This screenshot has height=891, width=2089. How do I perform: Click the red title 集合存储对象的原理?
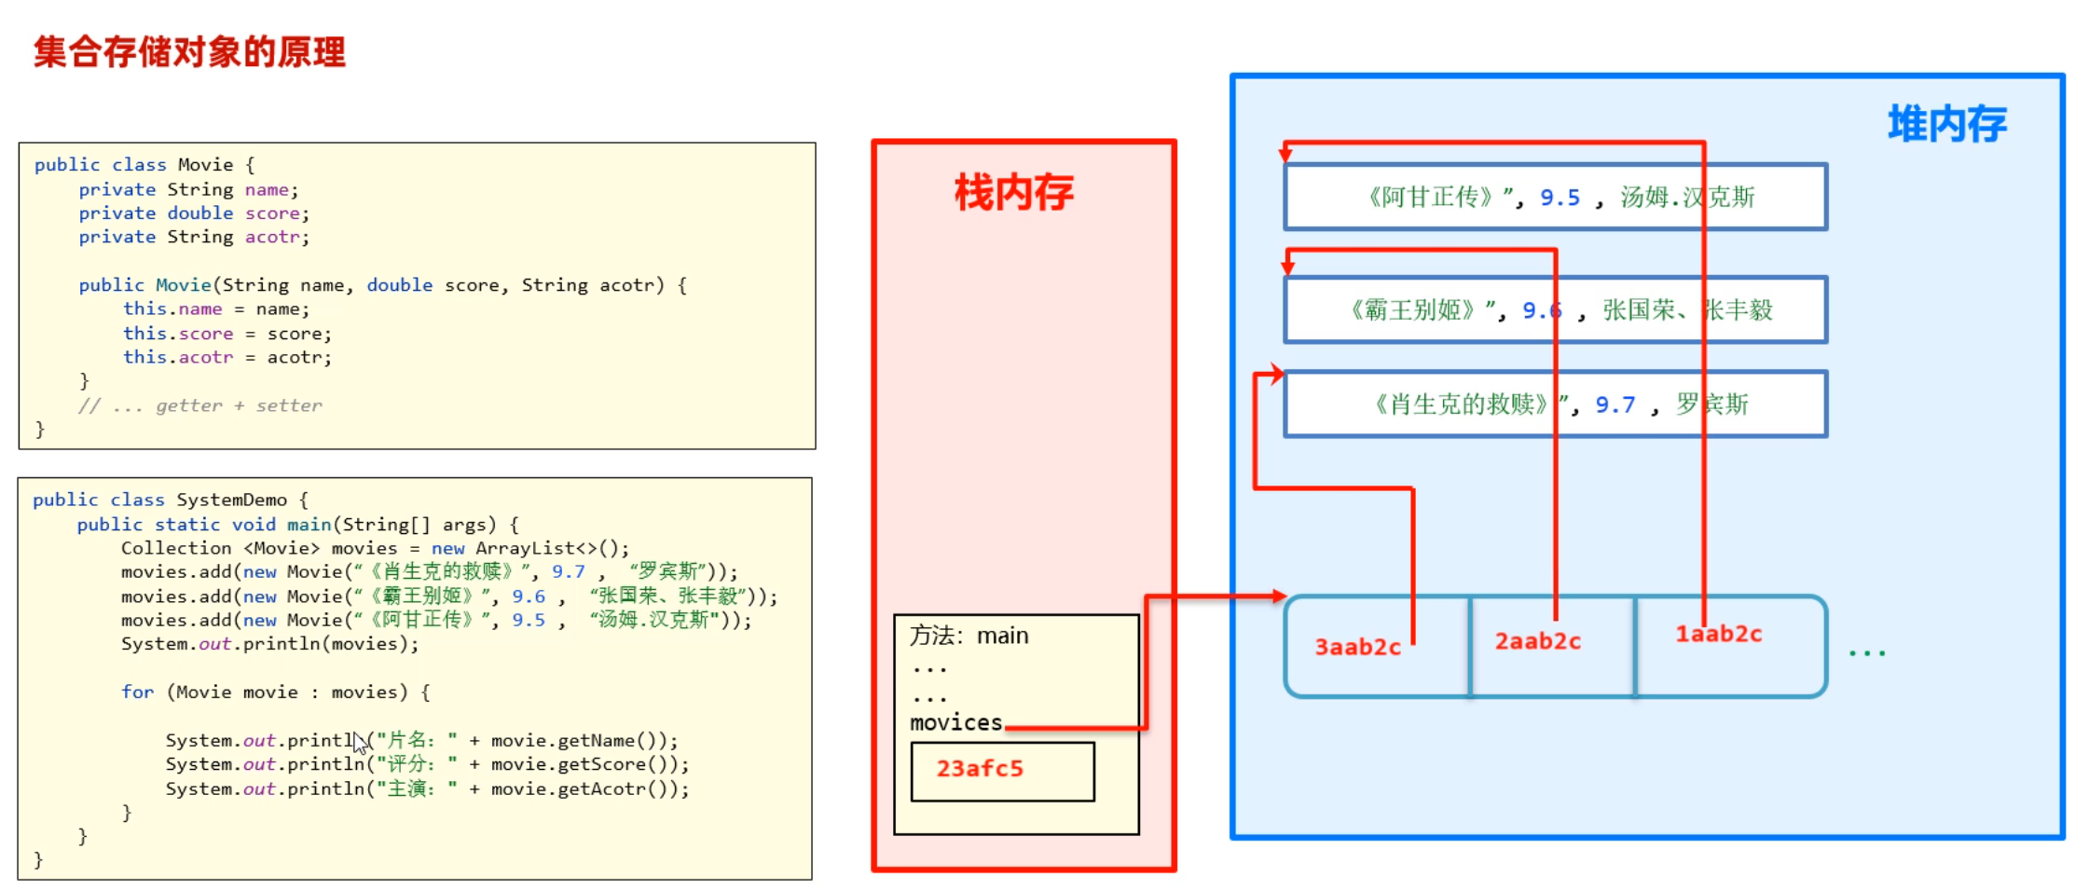point(189,52)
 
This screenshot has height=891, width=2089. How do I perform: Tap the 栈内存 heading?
point(1013,193)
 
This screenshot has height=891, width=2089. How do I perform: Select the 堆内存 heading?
point(1946,124)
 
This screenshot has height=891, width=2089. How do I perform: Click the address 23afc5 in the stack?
point(980,769)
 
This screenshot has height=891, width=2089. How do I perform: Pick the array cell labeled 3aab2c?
point(1357,647)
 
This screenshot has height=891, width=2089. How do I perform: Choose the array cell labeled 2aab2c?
point(1537,641)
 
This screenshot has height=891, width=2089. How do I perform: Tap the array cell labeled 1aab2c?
point(1719,635)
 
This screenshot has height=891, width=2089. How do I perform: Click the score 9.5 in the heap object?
point(1560,198)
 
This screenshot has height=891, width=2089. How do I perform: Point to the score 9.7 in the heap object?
point(1615,404)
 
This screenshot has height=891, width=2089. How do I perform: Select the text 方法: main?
point(969,636)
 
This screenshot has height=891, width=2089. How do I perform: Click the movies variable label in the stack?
point(955,722)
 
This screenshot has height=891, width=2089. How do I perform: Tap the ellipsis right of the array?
point(1867,652)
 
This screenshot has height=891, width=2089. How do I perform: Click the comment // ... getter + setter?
point(200,405)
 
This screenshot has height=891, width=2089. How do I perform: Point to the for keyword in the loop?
point(137,692)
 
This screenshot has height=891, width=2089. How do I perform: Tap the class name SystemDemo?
point(231,500)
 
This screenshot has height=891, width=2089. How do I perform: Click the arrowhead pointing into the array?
point(1278,596)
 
